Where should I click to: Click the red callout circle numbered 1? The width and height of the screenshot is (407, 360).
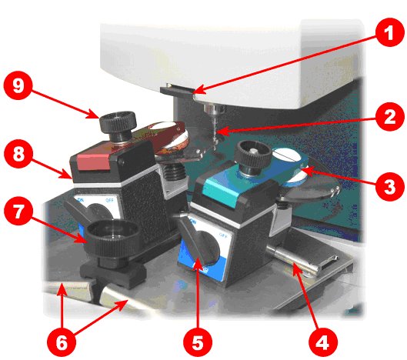click(389, 32)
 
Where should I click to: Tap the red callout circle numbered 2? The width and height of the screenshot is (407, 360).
click(389, 117)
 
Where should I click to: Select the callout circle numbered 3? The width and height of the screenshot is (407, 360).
click(389, 186)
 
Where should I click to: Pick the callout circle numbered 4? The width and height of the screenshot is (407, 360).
click(323, 342)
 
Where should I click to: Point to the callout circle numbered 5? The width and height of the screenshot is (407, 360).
click(198, 342)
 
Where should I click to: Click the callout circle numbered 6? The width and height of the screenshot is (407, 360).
click(62, 342)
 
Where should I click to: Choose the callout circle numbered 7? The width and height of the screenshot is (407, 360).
click(18, 212)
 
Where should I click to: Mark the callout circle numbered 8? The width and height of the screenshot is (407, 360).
click(18, 154)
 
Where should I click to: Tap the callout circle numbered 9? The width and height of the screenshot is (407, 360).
click(18, 85)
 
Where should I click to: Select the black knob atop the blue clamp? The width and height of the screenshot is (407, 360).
click(253, 155)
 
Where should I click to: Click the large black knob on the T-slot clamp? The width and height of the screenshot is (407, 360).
click(112, 238)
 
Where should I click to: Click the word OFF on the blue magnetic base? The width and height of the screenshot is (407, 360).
click(223, 235)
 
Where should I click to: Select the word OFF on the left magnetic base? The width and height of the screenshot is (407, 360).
click(109, 200)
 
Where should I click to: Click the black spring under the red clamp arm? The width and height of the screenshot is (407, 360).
click(175, 172)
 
